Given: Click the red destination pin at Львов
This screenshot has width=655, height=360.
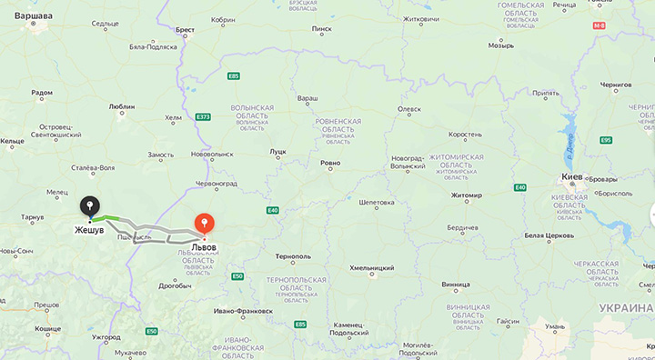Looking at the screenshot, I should (205, 223).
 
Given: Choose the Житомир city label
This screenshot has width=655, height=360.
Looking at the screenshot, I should (466, 195).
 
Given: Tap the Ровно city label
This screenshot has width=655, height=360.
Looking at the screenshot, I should (330, 164).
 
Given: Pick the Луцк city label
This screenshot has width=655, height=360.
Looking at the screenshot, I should (277, 152).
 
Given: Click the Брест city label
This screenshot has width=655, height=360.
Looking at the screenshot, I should (185, 30).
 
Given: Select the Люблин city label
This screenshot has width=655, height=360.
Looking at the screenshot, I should (122, 106).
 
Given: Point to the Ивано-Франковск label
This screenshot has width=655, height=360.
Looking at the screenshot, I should (243, 311).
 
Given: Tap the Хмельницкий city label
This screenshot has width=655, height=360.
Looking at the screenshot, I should (372, 268).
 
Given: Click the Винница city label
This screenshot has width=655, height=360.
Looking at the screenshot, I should (455, 284).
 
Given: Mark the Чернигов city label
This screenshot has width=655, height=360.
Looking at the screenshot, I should (615, 85).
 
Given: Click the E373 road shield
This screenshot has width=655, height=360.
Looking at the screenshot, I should (202, 116).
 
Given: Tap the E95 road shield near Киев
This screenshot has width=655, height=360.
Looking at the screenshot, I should (606, 140).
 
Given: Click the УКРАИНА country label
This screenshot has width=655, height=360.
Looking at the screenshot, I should (627, 308).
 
